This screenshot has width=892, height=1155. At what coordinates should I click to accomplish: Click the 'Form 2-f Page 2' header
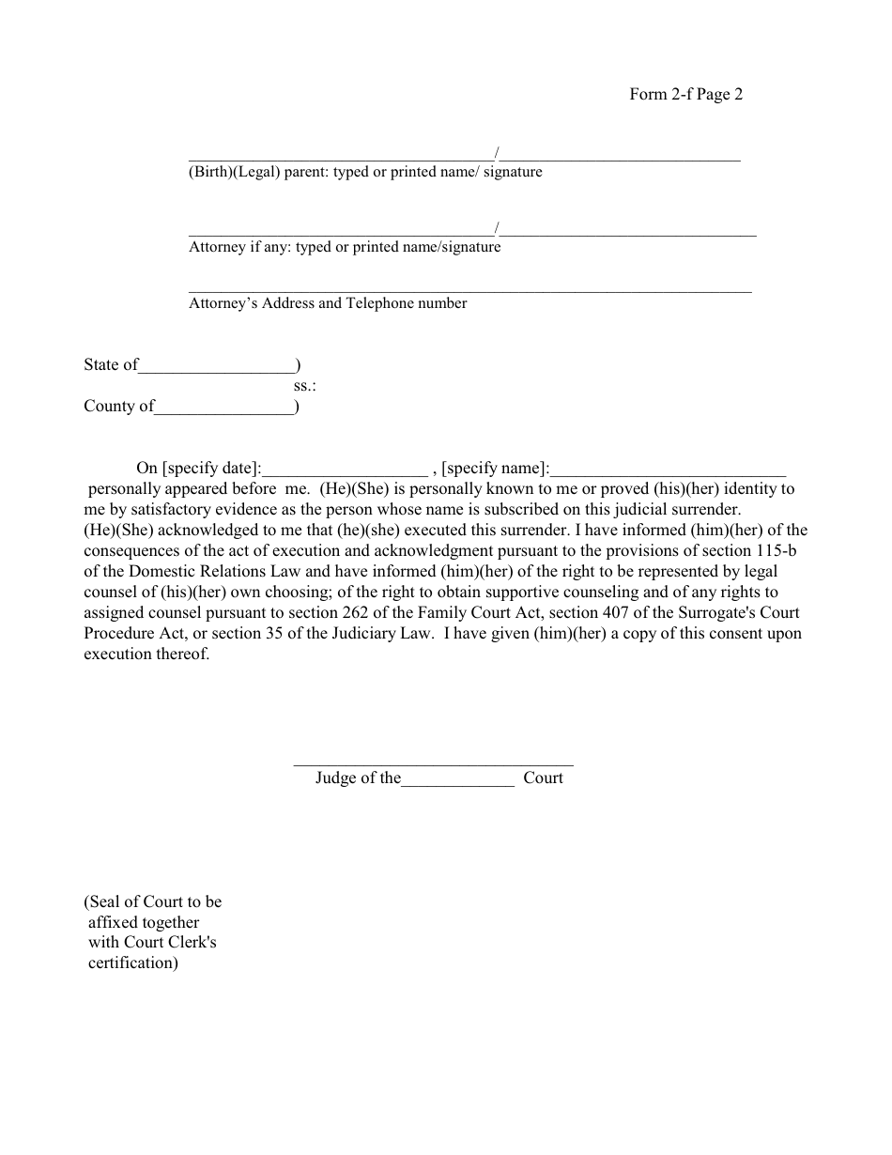[685, 94]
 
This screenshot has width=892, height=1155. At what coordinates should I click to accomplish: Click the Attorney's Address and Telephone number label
[328, 303]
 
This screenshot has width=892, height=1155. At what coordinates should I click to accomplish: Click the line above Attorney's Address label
[469, 291]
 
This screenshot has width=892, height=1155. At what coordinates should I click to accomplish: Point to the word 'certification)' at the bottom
[132, 963]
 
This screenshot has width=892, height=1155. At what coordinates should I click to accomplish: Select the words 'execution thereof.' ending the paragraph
[146, 654]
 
